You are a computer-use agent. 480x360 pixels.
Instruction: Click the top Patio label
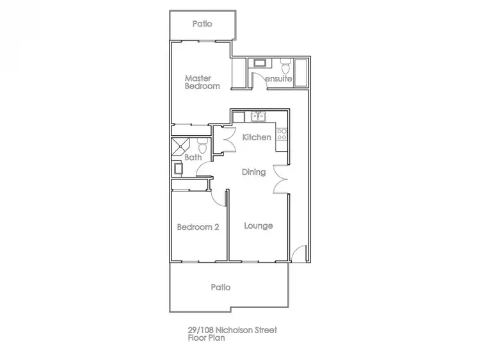coord(202,24)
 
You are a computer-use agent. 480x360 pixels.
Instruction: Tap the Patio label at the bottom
coord(220,288)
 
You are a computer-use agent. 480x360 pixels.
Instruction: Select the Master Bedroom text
coord(202,82)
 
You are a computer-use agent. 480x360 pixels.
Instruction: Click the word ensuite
coord(279,79)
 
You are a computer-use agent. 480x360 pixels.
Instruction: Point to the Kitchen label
coord(257,137)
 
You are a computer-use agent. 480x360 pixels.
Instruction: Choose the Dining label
coord(253,172)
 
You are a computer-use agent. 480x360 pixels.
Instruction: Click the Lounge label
coord(259,226)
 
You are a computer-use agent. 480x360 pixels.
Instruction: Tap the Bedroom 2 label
coord(198,227)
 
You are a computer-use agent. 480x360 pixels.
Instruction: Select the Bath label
coord(193,157)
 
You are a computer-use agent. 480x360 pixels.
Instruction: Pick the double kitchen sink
coord(259,117)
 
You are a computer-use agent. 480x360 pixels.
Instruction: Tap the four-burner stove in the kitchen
coord(282,136)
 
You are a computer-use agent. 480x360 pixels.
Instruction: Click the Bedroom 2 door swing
coord(220,197)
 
